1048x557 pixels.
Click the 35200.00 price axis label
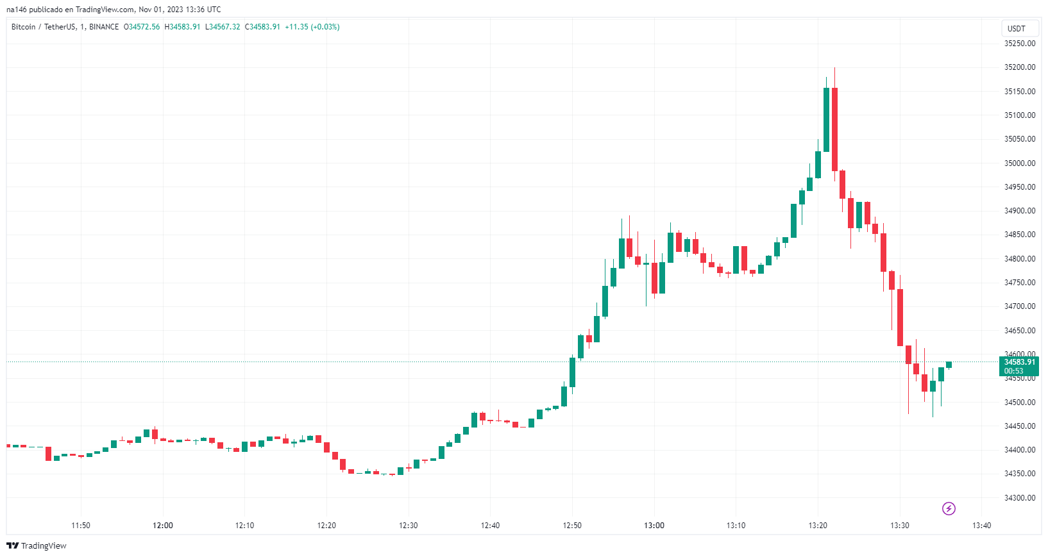point(1020,67)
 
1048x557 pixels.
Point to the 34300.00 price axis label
point(1020,498)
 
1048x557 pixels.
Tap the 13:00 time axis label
point(654,525)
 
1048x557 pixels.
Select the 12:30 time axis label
point(408,525)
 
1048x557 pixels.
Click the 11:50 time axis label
point(80,525)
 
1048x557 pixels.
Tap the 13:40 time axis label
point(981,525)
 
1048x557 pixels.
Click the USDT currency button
point(1016,29)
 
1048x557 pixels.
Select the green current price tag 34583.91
point(1019,366)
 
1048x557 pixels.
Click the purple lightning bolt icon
point(949,508)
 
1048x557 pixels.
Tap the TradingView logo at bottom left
point(36,545)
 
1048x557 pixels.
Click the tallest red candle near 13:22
point(834,129)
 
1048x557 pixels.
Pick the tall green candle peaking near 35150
point(826,120)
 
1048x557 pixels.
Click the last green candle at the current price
point(949,365)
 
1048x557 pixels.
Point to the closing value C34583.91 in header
point(262,27)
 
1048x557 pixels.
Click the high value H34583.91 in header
point(182,27)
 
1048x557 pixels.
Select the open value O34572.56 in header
point(142,27)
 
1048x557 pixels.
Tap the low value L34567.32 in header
point(223,27)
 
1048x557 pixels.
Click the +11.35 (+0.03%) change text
point(312,27)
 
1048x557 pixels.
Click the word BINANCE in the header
point(104,27)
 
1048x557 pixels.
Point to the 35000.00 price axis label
point(1020,163)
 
